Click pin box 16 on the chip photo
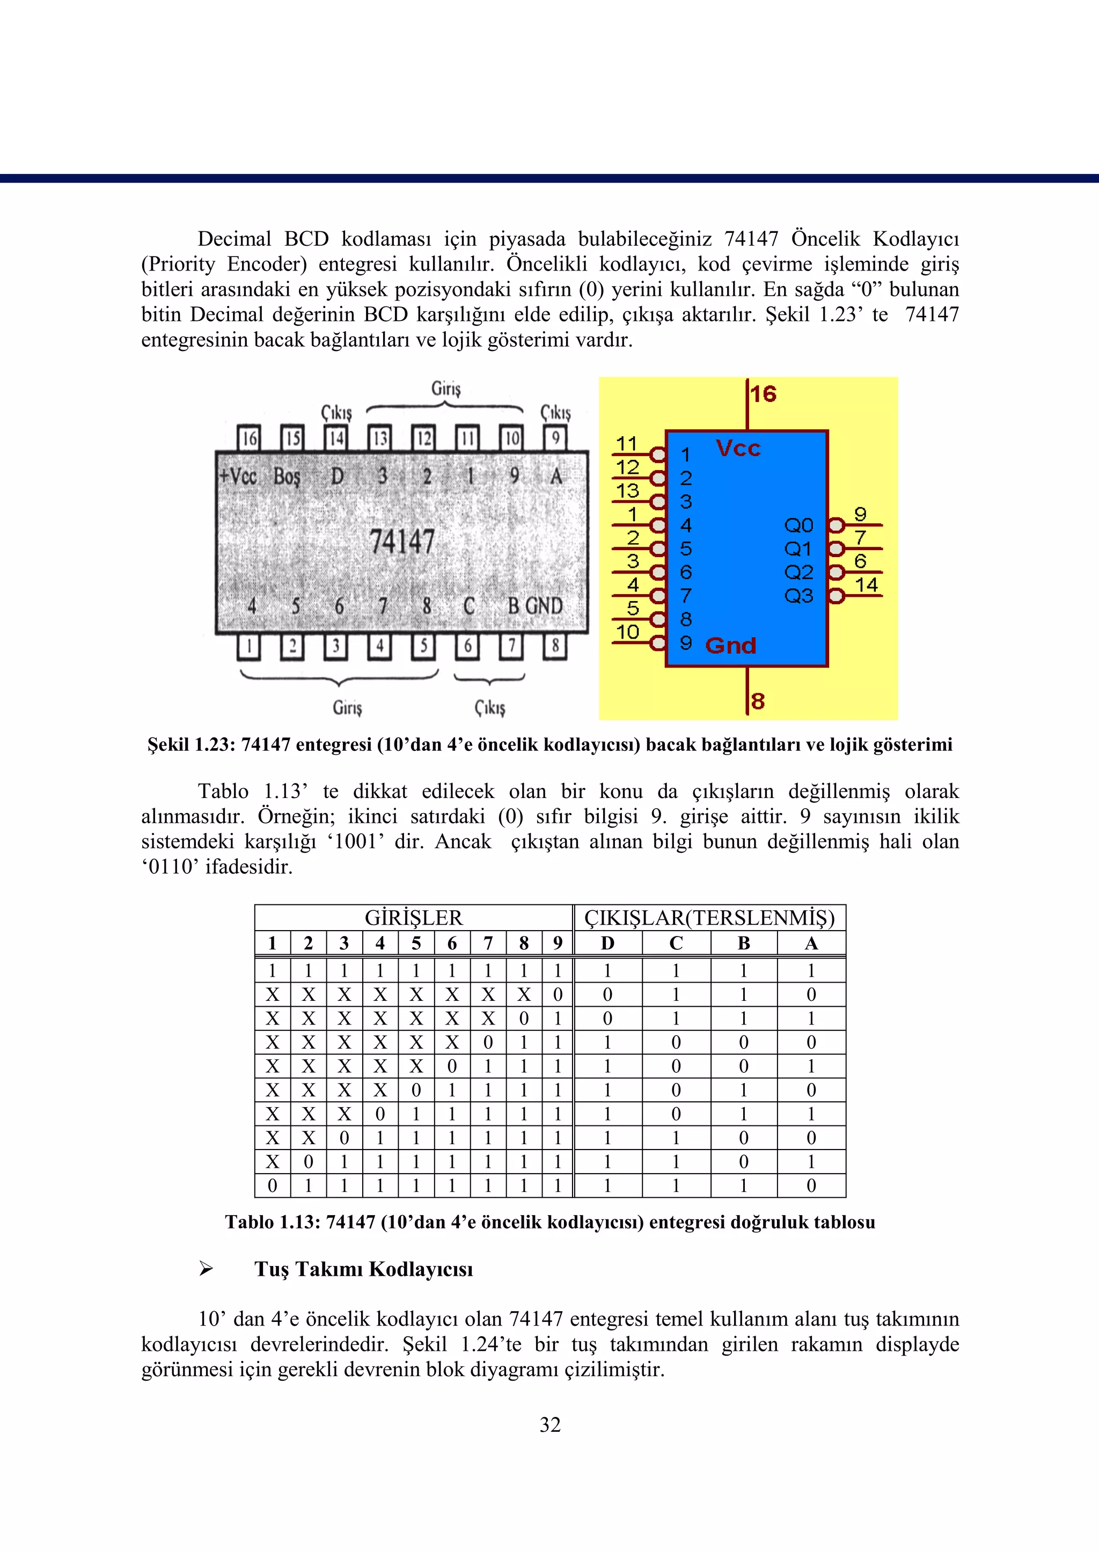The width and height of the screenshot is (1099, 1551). pos(249,438)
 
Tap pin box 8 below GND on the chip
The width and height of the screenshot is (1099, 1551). pos(555,646)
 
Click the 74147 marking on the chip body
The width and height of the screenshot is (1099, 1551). pos(402,542)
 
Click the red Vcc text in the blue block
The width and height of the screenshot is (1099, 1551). pos(738,449)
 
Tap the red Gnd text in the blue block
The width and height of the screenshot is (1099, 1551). pos(730,646)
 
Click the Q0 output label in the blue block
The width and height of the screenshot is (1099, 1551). pos(798,525)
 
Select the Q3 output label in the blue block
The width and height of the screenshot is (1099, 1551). pos(798,596)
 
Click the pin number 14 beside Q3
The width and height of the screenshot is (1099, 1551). pos(866,584)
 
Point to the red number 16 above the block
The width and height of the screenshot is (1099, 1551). pos(764,394)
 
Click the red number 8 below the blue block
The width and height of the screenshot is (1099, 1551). pos(758,701)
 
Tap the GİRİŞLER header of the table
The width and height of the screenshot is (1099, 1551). pos(414,918)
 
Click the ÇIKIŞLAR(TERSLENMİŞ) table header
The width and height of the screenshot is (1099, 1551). pos(709,918)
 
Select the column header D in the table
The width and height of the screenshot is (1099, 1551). pos(607,942)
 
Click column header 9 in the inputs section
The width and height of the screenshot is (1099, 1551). pos(557,942)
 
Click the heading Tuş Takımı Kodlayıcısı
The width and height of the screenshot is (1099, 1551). pos(363,1269)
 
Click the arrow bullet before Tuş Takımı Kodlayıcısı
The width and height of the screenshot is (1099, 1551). pos(206,1269)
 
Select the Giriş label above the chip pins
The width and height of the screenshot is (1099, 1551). pos(445,389)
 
